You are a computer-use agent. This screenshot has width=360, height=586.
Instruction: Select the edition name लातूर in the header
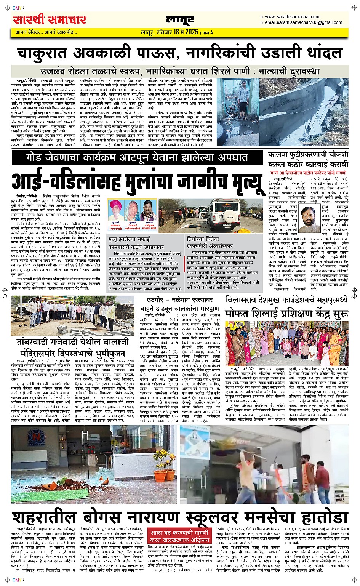click(180, 20)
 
